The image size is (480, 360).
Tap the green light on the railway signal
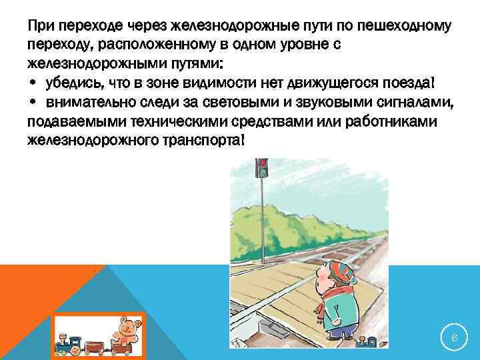pos(263,172)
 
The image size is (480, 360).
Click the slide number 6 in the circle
pos(454,338)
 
